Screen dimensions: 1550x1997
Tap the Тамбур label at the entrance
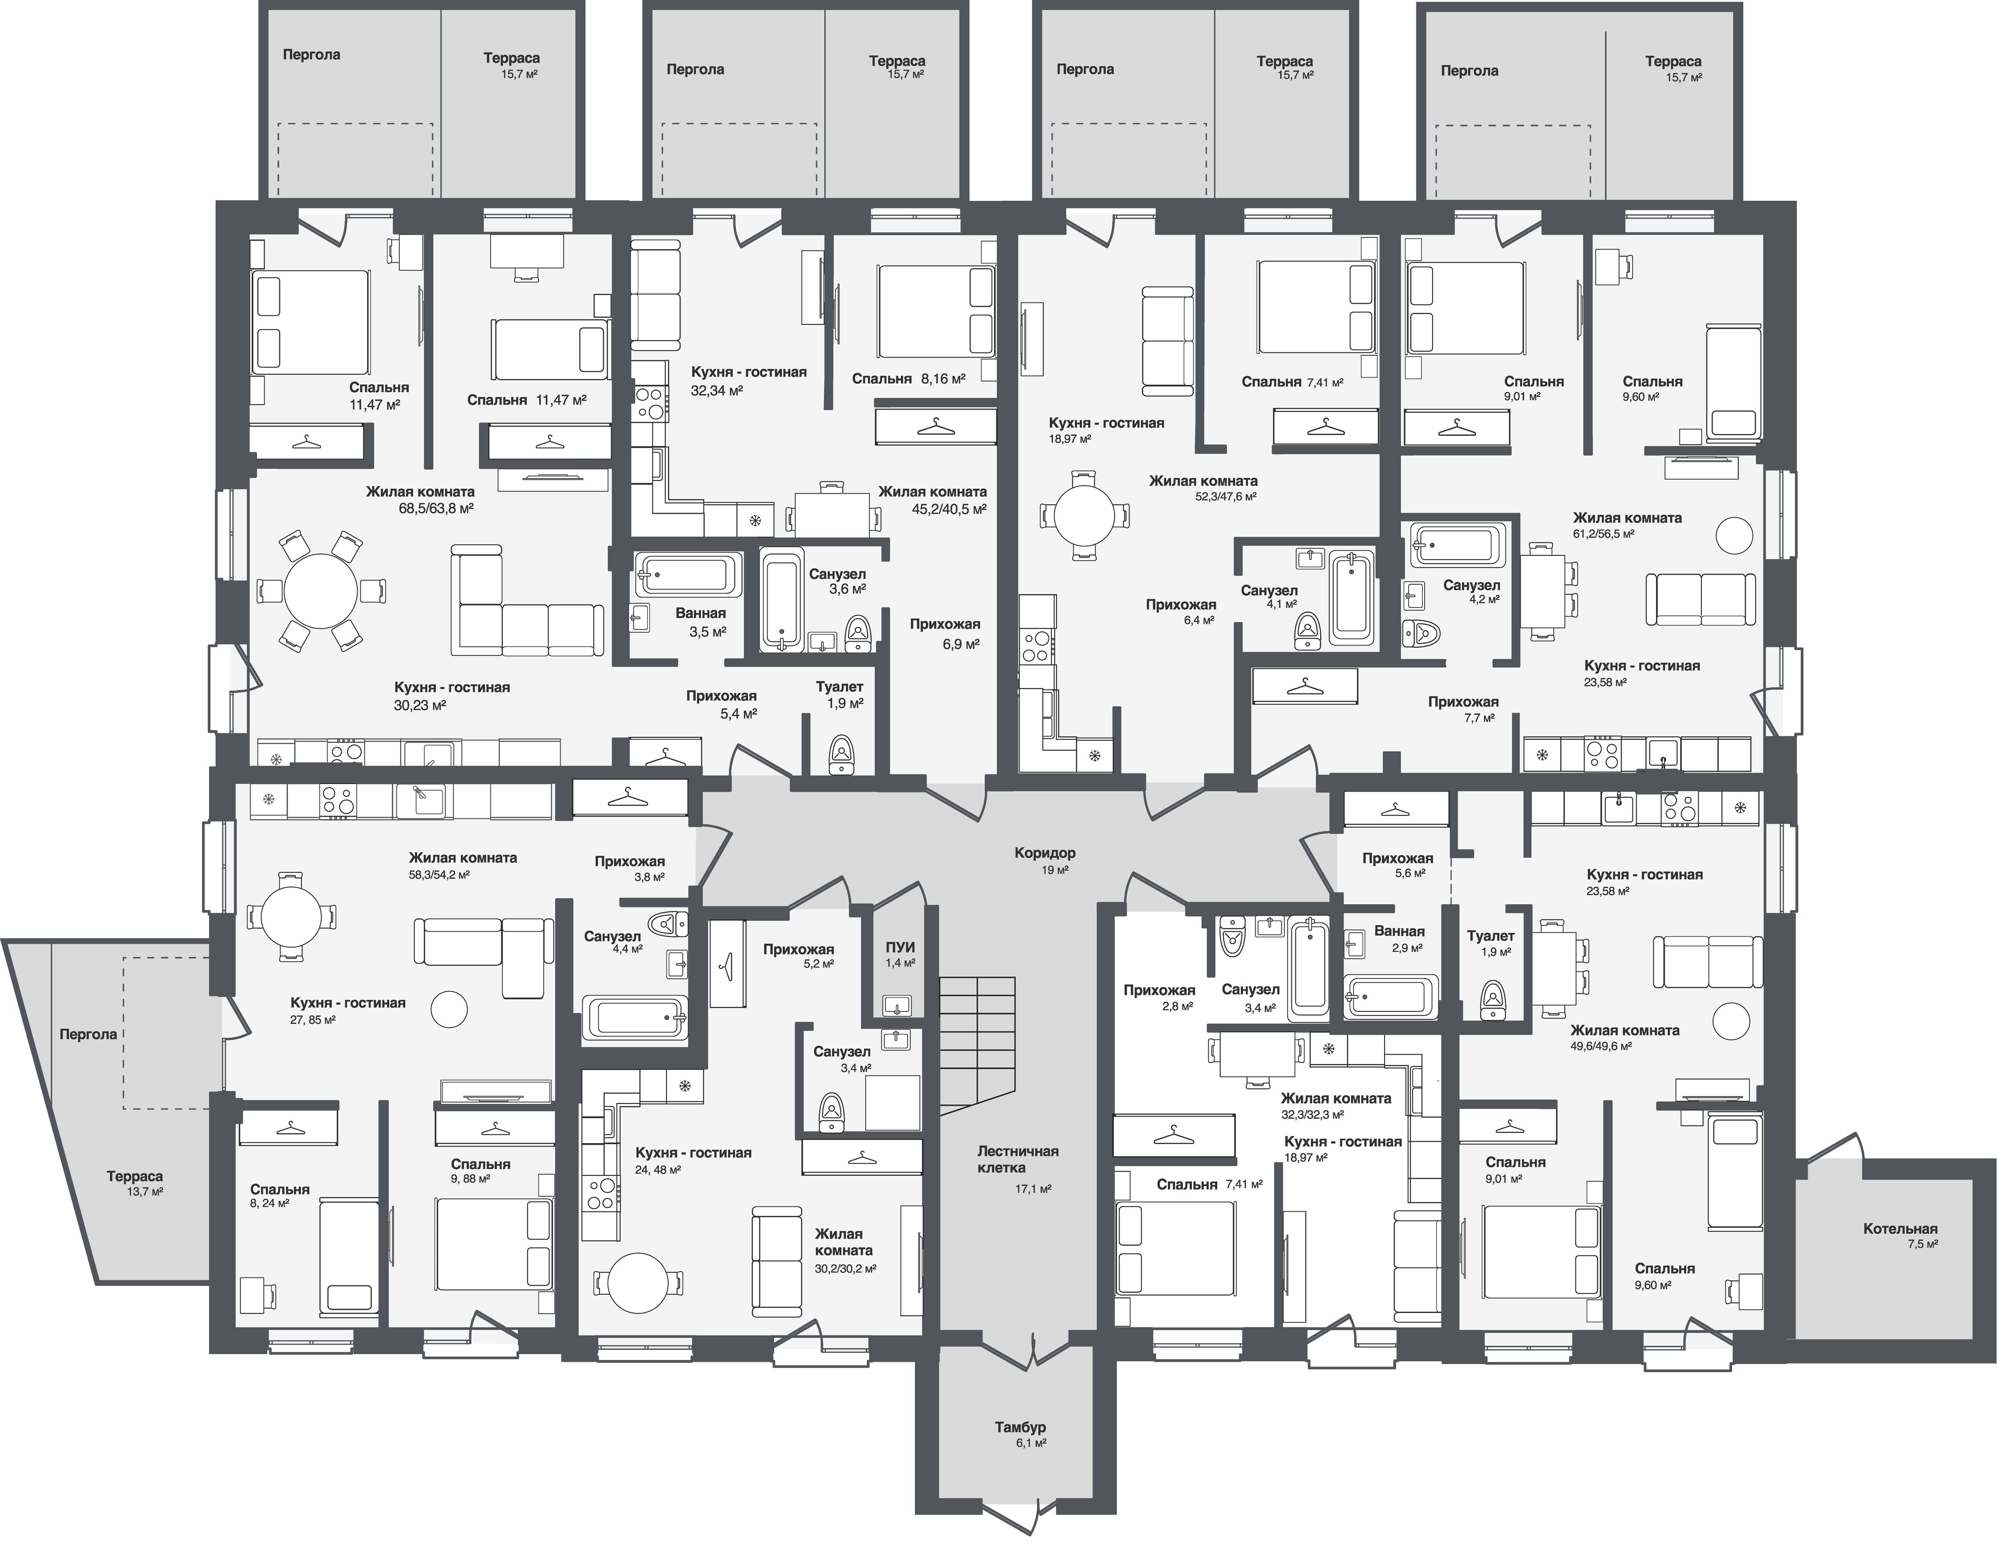tap(1019, 1434)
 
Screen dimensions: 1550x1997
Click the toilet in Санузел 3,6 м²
tap(858, 631)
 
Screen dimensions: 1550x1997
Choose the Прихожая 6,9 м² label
tap(944, 633)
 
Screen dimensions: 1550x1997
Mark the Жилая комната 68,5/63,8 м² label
tap(420, 499)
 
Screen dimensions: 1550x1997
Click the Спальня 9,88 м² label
tap(480, 1171)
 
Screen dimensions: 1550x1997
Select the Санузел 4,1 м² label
tap(1269, 596)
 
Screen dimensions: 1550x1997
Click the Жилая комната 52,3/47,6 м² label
tap(1202, 487)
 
